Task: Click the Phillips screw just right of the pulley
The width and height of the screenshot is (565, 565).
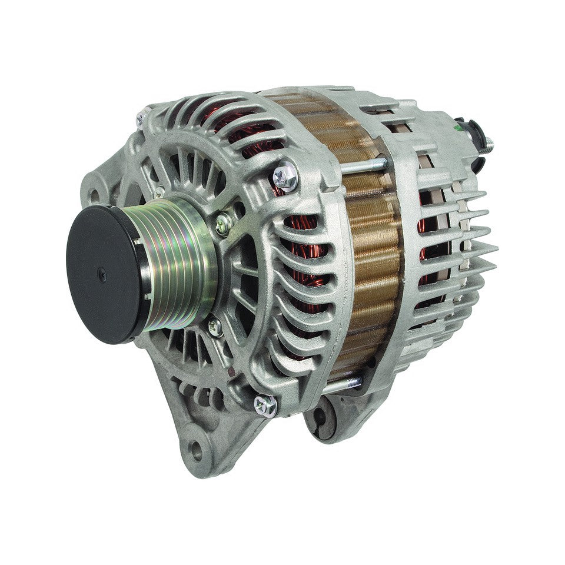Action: point(224,222)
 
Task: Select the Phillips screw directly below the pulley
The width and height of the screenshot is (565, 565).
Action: point(215,327)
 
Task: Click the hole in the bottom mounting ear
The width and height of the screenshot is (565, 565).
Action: point(195,453)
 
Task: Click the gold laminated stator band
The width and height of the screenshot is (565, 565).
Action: point(365,247)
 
